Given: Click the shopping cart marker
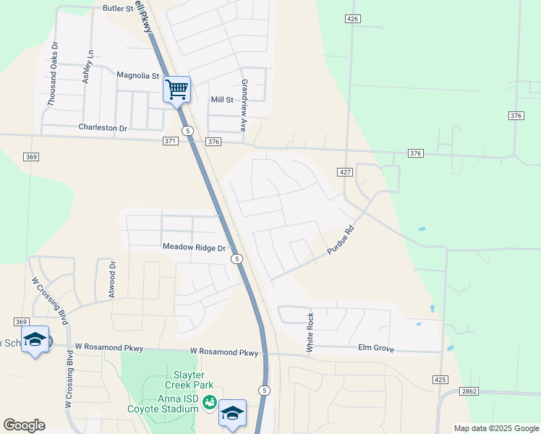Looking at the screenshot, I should point(176,90).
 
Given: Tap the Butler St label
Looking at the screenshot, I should point(119,9).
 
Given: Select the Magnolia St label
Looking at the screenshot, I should point(137,75).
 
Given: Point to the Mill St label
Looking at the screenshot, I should point(222,100).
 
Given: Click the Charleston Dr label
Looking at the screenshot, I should point(102,128).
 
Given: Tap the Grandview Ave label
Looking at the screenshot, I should point(244,105).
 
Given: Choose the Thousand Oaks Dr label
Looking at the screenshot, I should point(52,75).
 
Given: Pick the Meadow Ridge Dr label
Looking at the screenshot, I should point(195,247).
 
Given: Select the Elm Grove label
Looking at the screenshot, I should point(376,349).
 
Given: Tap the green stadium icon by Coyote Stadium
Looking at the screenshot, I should point(209,402).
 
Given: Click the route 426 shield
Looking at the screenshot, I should point(352,19).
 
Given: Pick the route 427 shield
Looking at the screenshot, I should point(344,171).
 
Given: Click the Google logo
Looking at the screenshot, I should point(24,425).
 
